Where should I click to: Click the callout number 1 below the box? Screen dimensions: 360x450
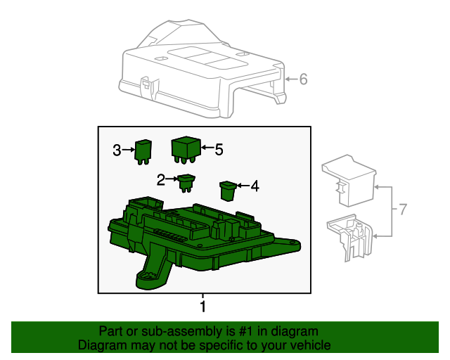202,307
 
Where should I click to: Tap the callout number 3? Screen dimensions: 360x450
117,150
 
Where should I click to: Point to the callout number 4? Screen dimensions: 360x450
255,186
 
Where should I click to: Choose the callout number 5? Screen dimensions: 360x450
219,149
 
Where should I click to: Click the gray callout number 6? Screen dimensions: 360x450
304,79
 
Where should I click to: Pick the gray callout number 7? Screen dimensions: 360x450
403,210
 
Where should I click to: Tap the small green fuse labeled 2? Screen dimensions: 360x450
186,182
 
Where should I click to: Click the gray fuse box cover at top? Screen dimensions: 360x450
204,70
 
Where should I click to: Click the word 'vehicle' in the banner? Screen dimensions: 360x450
311,345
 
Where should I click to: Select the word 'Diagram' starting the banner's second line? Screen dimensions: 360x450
101,345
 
